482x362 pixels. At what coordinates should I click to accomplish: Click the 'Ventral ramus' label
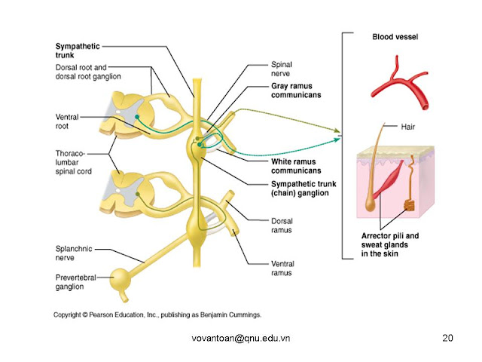coord(286,268)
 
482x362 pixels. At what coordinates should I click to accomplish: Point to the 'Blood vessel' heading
coord(395,37)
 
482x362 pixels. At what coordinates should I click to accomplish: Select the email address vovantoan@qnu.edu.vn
coord(240,338)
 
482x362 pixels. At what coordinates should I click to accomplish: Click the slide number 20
coord(447,338)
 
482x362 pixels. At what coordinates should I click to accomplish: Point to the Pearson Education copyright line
coord(157,313)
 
